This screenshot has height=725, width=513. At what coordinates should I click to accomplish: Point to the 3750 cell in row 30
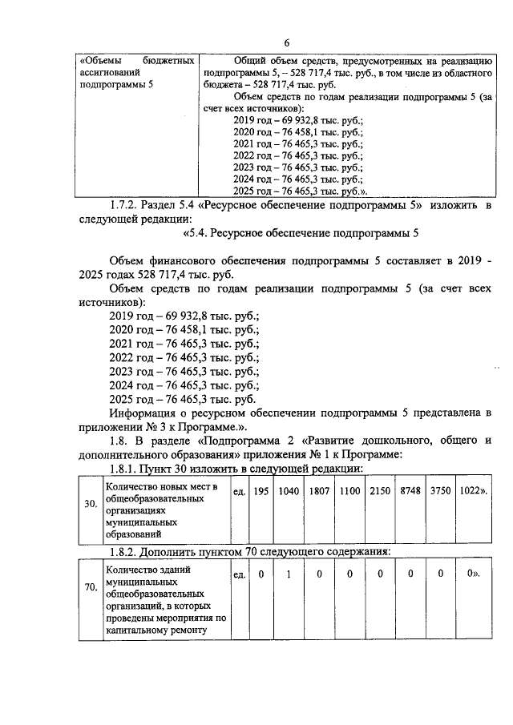coord(440,490)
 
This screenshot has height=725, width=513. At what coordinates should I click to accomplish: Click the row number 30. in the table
coord(91,505)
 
